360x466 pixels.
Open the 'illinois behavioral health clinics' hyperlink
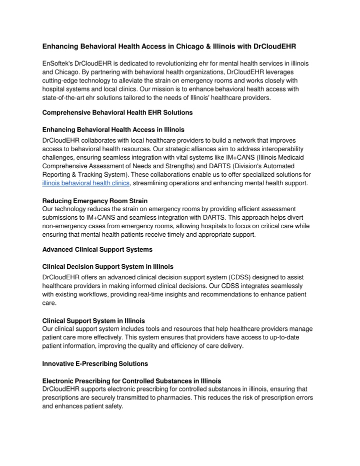(x=86, y=183)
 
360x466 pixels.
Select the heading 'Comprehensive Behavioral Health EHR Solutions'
(x=117, y=113)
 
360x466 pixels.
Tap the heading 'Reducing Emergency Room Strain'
(x=95, y=201)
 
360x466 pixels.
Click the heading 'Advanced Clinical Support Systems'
(x=97, y=249)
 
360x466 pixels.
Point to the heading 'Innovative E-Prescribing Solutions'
(x=95, y=363)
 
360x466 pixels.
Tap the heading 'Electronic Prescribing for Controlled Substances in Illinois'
(x=132, y=381)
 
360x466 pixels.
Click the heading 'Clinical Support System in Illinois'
(x=94, y=320)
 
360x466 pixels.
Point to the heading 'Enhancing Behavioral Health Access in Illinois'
(x=113, y=130)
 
